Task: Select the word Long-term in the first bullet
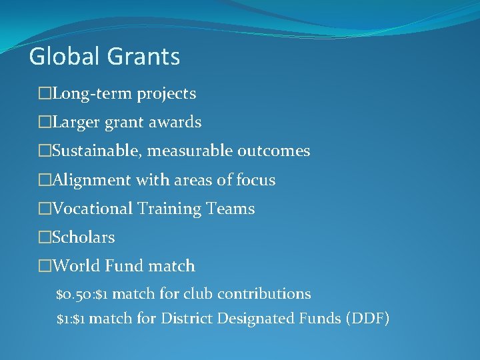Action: pos(93,94)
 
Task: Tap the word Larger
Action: pos(75,123)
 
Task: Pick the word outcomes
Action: pos(274,151)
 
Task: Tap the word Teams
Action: pos(231,209)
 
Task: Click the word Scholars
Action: pos(83,237)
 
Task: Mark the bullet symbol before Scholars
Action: pos(45,237)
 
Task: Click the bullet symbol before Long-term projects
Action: pos(45,94)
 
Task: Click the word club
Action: pos(198,294)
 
